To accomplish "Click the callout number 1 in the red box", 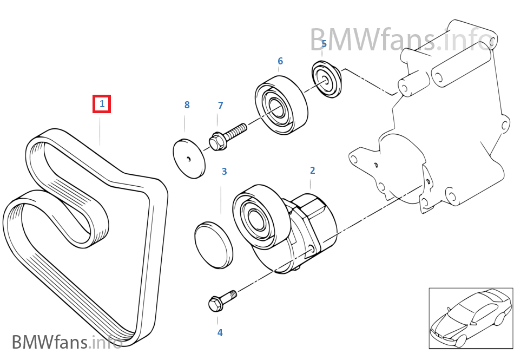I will pyautogui.click(x=102, y=104).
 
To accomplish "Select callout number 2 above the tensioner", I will pyautogui.click(x=312, y=171).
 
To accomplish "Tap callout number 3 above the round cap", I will pyautogui.click(x=224, y=172).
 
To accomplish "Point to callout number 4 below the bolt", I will pyautogui.click(x=220, y=333).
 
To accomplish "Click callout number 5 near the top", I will pyautogui.click(x=324, y=44).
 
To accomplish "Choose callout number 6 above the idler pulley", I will pyautogui.click(x=280, y=61).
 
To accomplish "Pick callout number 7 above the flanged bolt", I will pyautogui.click(x=220, y=106).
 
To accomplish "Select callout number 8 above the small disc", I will pyautogui.click(x=187, y=105).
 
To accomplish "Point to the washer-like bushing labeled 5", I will pyautogui.click(x=327, y=80).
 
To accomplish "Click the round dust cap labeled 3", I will pyautogui.click(x=214, y=244).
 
